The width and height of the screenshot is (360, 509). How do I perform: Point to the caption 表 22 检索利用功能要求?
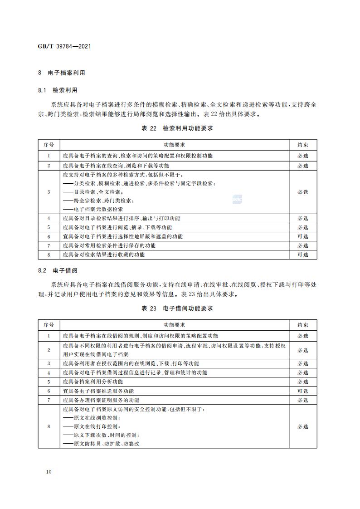(177, 128)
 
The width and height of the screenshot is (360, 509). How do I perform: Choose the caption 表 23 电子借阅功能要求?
(177, 308)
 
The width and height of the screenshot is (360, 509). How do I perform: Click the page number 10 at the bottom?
(49, 472)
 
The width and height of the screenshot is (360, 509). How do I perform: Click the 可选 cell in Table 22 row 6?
(303, 236)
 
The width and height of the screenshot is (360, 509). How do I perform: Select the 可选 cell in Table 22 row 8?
(303, 254)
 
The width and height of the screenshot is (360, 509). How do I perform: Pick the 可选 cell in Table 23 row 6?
(303, 391)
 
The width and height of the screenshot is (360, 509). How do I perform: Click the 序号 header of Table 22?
(49, 145)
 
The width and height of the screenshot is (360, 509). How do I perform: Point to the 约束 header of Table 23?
(303, 325)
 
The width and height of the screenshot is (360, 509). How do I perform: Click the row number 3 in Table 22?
(49, 192)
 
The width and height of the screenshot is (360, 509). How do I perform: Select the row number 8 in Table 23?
(49, 426)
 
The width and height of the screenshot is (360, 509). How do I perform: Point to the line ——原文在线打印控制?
(91, 426)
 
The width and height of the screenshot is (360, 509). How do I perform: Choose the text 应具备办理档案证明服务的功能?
(101, 400)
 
